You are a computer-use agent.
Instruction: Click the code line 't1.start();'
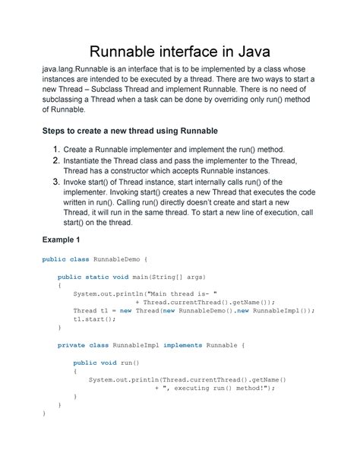pyautogui.click(x=92, y=319)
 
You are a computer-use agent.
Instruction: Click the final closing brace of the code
pyautogui.click(x=44, y=413)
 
